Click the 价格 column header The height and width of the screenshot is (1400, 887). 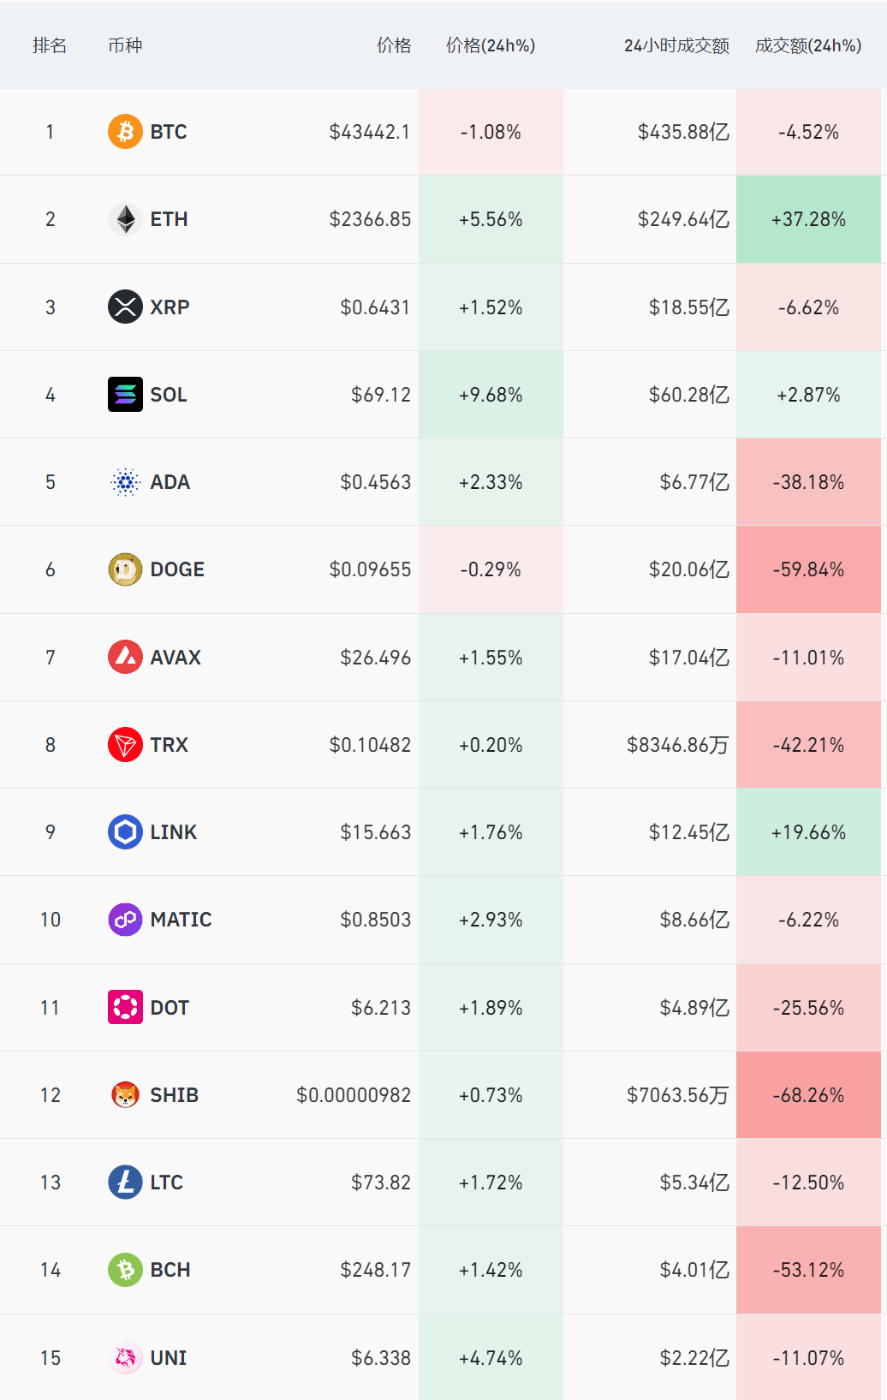tap(394, 45)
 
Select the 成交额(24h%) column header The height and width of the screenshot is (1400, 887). tap(807, 45)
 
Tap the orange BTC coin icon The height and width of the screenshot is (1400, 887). tap(125, 132)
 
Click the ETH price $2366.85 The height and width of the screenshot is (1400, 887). tap(370, 219)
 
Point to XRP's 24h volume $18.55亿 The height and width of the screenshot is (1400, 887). tap(688, 307)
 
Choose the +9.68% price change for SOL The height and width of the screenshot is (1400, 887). tap(491, 395)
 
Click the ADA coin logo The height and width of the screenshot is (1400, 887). tap(125, 482)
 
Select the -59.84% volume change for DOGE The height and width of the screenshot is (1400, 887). tap(808, 569)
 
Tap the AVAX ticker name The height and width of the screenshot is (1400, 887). tap(176, 658)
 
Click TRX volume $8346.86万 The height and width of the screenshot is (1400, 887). tap(677, 745)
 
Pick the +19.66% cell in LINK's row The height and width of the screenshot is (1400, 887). tap(808, 832)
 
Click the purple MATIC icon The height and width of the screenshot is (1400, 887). tap(125, 920)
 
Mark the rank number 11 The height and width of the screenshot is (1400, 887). tap(51, 1008)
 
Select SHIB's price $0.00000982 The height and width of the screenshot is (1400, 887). tap(354, 1095)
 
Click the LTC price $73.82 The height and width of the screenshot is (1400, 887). tap(381, 1183)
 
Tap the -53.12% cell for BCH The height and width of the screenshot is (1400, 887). tap(808, 1270)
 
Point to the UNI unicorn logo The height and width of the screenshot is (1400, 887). tap(125, 1357)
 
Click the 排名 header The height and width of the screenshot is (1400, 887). tap(50, 45)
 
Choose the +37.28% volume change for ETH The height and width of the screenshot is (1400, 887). tap(808, 219)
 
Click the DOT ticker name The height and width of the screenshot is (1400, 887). tap(170, 1008)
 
